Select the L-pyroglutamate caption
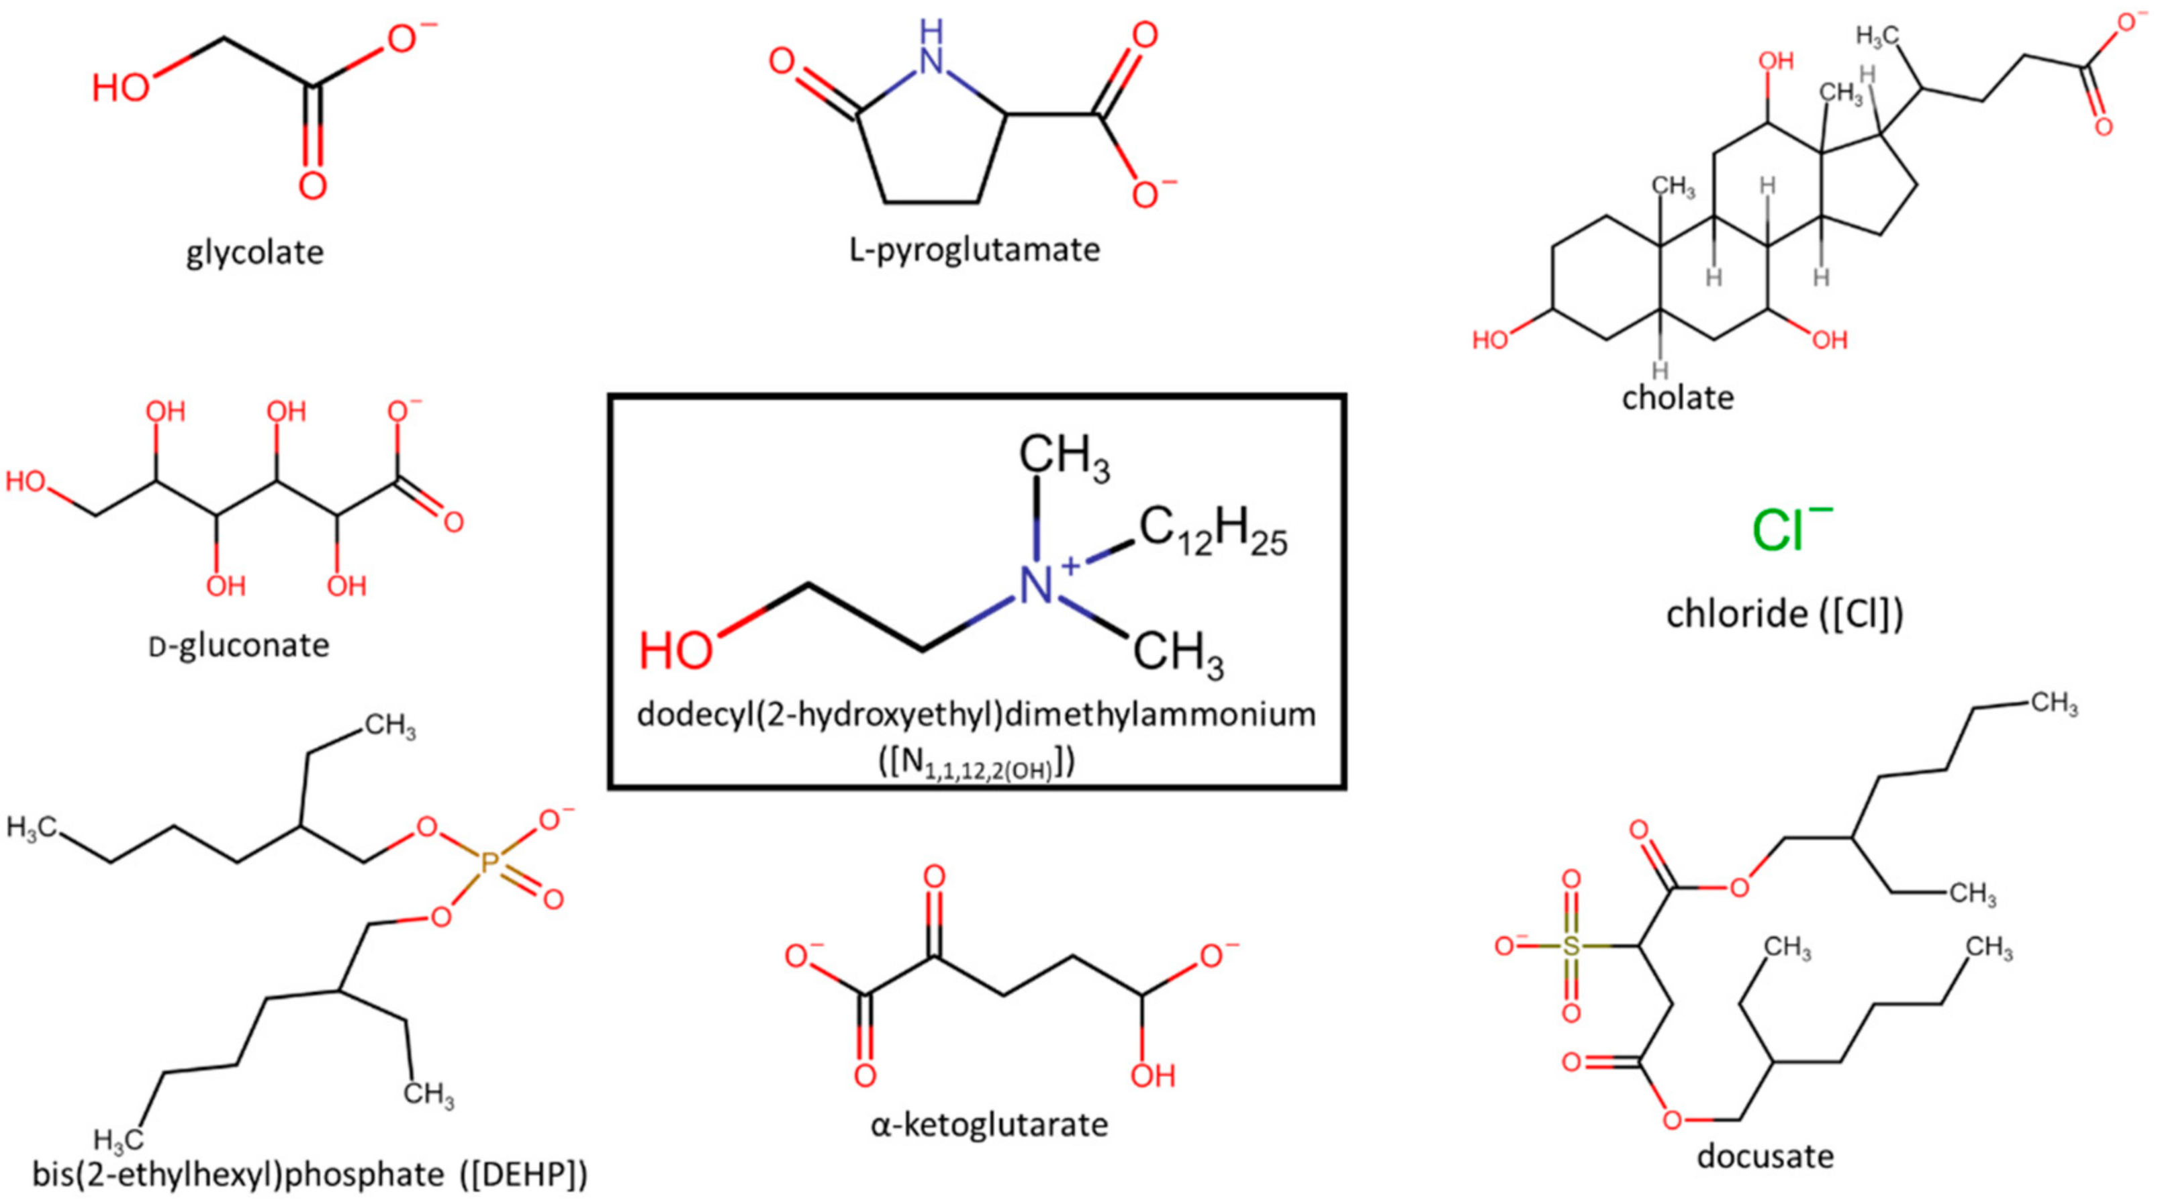pos(974,250)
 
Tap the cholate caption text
pos(1677,397)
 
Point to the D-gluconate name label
pos(239,645)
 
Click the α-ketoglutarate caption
pos(989,1124)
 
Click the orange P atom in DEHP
pos(488,863)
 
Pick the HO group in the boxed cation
pos(675,651)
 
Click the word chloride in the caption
pos(1736,614)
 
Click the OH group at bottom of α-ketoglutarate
pos(1153,1076)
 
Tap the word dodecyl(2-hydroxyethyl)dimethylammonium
pos(976,715)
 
